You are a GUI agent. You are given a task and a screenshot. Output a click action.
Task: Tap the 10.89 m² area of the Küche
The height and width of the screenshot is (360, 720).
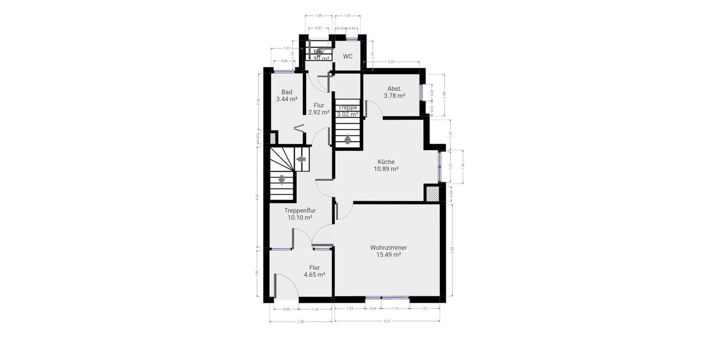pyautogui.click(x=386, y=169)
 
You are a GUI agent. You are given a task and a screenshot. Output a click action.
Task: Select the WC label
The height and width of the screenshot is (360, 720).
pyautogui.click(x=347, y=56)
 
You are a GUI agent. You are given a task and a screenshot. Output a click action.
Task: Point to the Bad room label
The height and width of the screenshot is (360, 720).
pyautogui.click(x=287, y=92)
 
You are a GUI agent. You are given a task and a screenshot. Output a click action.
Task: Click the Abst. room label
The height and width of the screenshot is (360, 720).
pyautogui.click(x=394, y=89)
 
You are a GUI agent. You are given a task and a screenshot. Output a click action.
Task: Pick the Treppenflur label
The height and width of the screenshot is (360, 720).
pyautogui.click(x=300, y=211)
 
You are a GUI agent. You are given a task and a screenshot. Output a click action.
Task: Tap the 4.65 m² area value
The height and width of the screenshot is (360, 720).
pyautogui.click(x=314, y=275)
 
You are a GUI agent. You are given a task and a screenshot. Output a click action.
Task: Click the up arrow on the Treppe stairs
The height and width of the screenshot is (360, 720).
pyautogui.click(x=347, y=140)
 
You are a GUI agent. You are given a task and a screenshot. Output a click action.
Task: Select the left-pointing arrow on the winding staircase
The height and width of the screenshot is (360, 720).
pyautogui.click(x=301, y=159)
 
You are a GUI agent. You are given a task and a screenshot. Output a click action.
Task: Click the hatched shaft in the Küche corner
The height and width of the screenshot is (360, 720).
pyautogui.click(x=433, y=193)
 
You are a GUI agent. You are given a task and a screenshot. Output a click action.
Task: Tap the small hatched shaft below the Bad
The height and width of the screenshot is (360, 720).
pyautogui.click(x=272, y=138)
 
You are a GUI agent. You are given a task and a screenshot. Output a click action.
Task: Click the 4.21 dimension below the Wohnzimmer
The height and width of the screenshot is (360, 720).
pyautogui.click(x=387, y=322)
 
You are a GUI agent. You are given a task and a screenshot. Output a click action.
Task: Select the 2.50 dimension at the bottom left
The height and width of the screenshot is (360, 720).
pyautogui.click(x=301, y=322)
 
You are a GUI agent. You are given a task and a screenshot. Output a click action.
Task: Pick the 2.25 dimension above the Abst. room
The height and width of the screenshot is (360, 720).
pyautogui.click(x=391, y=62)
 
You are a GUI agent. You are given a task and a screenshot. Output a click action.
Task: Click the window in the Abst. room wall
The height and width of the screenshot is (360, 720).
pyautogui.click(x=422, y=92)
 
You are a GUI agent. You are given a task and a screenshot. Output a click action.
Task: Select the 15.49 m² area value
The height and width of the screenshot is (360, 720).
pyautogui.click(x=389, y=255)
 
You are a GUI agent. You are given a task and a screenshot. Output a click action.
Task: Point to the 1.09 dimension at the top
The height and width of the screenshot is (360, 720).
pyautogui.click(x=319, y=15)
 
